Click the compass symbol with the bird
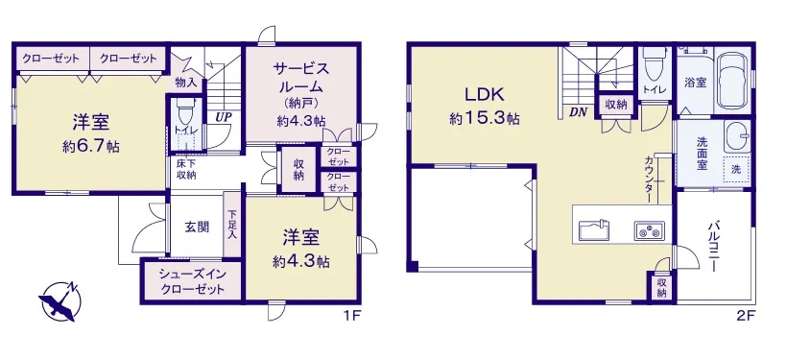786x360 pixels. [x=60, y=300]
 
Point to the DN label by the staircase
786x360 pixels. [x=578, y=112]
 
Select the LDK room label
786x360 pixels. [x=484, y=94]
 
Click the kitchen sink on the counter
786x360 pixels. [x=594, y=230]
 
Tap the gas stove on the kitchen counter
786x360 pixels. [x=649, y=230]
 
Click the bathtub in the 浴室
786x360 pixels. [x=733, y=80]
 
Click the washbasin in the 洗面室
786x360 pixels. [x=738, y=136]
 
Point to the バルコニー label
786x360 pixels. [x=713, y=245]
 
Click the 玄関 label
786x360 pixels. [x=197, y=228]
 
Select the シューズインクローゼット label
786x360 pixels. [x=192, y=282]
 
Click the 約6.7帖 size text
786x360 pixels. [x=91, y=147]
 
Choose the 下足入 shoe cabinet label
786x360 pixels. [x=232, y=224]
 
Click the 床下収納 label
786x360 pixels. [x=186, y=169]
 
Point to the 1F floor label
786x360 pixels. [x=352, y=316]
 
